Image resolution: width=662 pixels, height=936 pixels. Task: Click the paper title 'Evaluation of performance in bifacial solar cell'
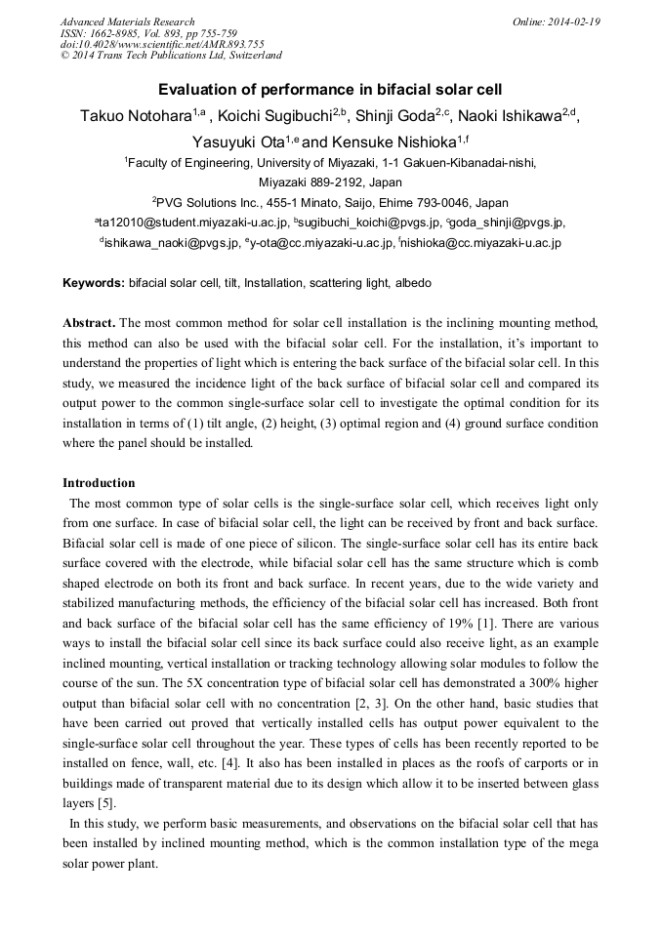(x=331, y=89)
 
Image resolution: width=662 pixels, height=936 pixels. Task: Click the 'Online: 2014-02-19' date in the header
(x=556, y=21)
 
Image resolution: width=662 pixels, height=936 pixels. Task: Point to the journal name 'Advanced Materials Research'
(x=127, y=21)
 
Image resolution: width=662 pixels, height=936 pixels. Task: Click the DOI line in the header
(x=162, y=44)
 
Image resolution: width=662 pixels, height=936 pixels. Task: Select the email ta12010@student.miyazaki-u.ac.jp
(x=186, y=223)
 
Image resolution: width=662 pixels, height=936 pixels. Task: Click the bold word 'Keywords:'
(x=94, y=283)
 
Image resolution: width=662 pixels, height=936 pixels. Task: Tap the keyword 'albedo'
(x=413, y=283)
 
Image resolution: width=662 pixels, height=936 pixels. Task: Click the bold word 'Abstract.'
(x=90, y=322)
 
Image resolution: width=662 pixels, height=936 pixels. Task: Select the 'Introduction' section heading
(x=99, y=482)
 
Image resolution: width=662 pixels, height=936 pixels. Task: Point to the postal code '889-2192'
(x=326, y=183)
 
